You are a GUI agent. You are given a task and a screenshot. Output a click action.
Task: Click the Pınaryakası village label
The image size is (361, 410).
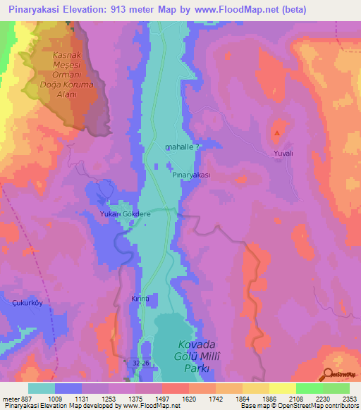(x=192, y=174)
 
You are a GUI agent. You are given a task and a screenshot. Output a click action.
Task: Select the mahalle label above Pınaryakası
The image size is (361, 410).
(x=182, y=147)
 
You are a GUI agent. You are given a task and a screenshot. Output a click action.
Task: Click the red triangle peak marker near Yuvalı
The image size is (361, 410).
(x=278, y=132)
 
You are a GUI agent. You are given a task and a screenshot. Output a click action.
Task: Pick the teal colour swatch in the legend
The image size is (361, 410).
(x=42, y=387)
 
